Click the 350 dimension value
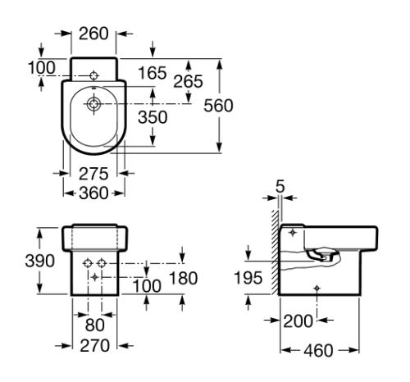tap(153, 117)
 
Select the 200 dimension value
tap(300, 320)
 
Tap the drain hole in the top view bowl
tap(94, 104)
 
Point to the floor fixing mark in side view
tap(318, 287)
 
